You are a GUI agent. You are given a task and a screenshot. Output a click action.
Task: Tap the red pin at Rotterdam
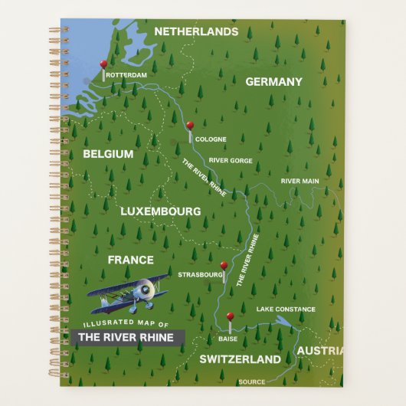(103, 65)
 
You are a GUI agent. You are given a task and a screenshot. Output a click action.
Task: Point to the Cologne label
(211, 140)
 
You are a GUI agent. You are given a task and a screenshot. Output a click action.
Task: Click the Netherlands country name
(197, 31)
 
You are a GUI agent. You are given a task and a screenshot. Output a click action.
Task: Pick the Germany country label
(273, 81)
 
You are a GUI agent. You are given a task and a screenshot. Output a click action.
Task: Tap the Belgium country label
(108, 154)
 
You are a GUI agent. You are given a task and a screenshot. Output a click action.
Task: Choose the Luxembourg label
(161, 211)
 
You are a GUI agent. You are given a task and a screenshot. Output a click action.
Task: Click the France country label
(130, 260)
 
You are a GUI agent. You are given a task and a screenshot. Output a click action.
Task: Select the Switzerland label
(240, 359)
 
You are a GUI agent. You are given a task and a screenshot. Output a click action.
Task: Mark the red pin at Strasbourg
(224, 267)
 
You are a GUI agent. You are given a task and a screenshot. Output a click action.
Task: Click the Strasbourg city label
(200, 273)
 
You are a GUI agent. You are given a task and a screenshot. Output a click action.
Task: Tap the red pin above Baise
(229, 316)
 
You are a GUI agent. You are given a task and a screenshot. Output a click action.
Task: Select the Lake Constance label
(285, 309)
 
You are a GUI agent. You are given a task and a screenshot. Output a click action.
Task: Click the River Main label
(300, 181)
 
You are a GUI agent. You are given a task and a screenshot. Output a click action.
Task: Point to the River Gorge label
(231, 160)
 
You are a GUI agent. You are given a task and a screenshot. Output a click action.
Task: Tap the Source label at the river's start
(252, 381)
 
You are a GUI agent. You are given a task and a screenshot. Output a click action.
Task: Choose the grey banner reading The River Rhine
(126, 337)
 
